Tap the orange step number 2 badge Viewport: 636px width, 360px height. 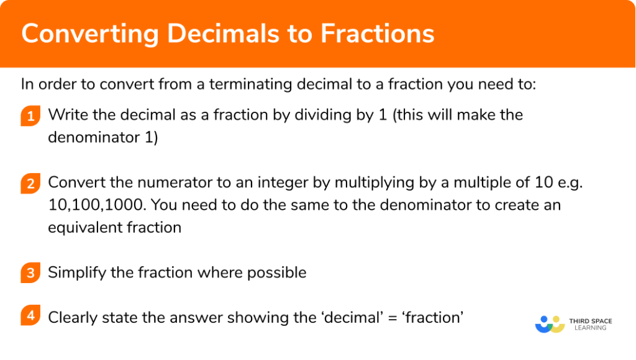point(30,184)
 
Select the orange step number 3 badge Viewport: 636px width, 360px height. point(30,273)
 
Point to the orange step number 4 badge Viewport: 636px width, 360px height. point(30,317)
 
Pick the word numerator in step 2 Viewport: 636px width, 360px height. point(161,183)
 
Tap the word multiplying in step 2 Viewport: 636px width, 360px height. point(357,183)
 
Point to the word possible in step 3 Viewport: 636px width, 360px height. point(279,272)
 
